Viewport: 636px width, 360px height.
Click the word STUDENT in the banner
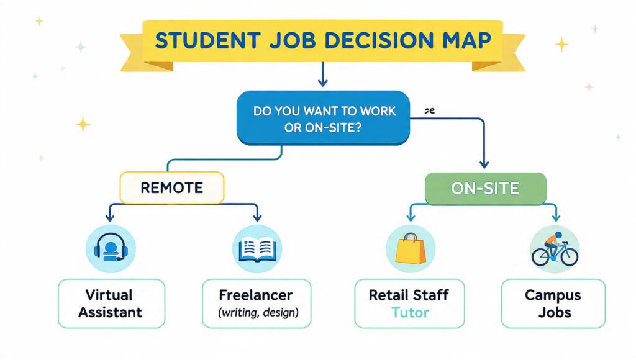click(207, 40)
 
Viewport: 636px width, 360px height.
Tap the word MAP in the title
click(467, 40)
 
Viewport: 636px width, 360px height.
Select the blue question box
click(323, 118)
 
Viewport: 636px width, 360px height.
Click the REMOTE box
click(172, 187)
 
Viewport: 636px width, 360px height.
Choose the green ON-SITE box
click(486, 189)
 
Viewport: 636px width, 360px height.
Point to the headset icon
click(111, 248)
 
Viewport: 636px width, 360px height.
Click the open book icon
click(257, 250)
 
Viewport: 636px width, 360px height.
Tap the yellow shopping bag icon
click(411, 248)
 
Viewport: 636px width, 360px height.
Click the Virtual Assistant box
click(112, 304)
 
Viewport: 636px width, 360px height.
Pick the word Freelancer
click(255, 295)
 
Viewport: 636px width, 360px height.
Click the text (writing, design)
click(258, 313)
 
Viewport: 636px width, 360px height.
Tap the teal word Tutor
click(410, 313)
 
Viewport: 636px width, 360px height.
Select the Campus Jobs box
click(553, 304)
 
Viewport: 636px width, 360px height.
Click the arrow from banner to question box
click(323, 74)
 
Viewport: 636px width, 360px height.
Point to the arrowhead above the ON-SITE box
click(484, 164)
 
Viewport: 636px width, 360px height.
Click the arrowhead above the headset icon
click(110, 218)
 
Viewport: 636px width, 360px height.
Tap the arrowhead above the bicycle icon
click(556, 217)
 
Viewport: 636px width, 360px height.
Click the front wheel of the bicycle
click(569, 257)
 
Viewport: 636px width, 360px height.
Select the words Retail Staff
click(409, 295)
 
